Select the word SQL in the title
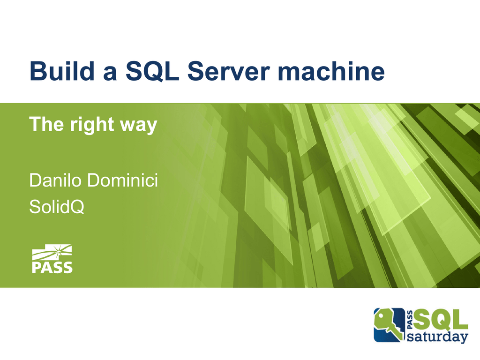tap(152, 71)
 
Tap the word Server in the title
tap(228, 71)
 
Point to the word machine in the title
tap(331, 71)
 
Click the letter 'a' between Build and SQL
tap(110, 74)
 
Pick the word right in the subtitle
tap(92, 125)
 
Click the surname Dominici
tap(123, 180)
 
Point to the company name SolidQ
tap(57, 207)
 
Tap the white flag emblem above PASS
tap(52, 252)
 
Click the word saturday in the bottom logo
tap(438, 337)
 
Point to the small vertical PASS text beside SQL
tap(410, 320)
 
